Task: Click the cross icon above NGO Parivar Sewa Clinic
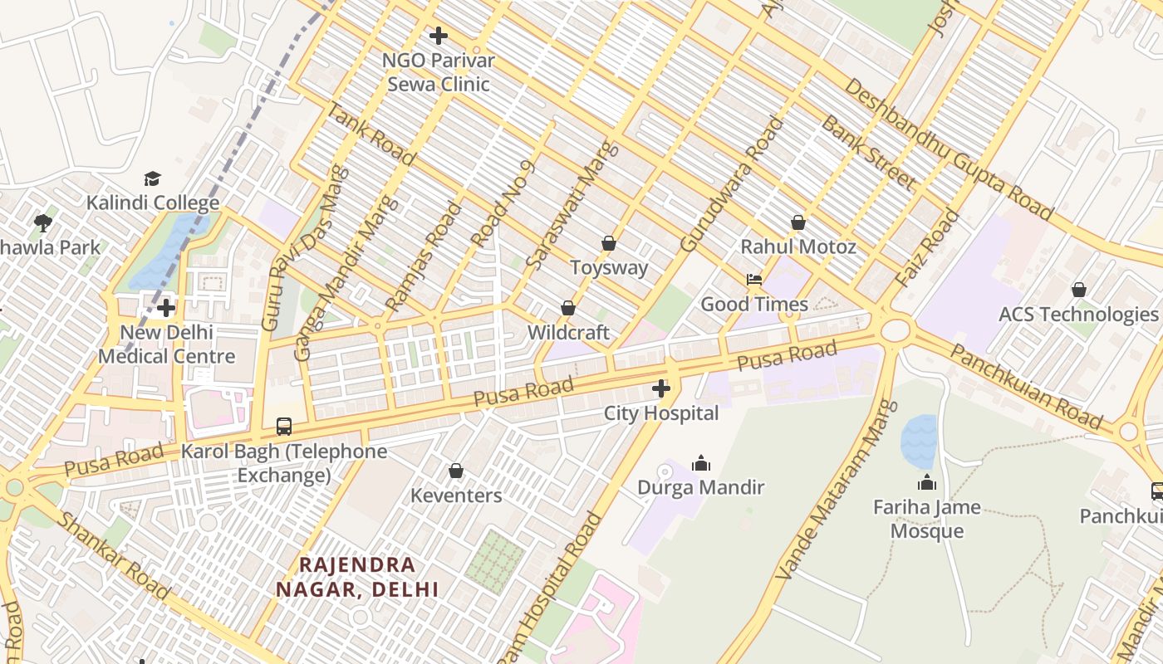[439, 36]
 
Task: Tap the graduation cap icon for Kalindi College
[152, 178]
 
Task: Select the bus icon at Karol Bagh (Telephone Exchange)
[284, 427]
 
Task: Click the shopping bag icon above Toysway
[609, 243]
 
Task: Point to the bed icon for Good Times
[754, 280]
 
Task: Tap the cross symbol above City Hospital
[661, 388]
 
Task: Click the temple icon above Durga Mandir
[701, 463]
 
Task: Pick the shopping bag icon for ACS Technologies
[1078, 290]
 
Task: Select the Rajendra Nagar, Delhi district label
[357, 577]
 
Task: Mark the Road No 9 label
[503, 204]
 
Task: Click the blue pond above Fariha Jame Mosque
[919, 440]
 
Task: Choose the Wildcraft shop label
[568, 333]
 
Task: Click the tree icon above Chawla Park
[43, 222]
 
